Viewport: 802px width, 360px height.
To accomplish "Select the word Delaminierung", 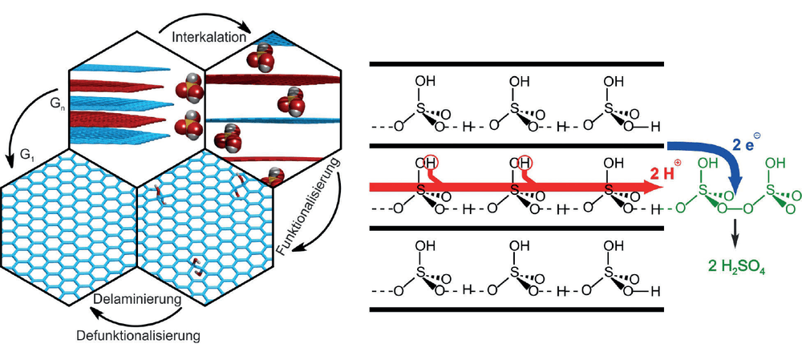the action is pos(139,299).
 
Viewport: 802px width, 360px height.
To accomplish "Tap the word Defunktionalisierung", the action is pos(138,337).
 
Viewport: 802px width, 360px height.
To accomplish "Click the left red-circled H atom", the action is pos(431,163).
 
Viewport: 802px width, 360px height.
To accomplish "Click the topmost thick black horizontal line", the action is pos(516,64).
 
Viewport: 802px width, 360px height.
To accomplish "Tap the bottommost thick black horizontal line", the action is pos(516,309).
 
